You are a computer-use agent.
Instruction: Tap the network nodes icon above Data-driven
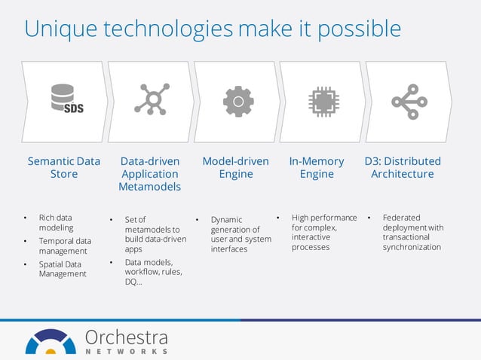click(x=151, y=99)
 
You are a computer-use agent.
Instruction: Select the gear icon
click(x=237, y=100)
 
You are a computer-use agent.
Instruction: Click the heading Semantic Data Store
click(x=64, y=167)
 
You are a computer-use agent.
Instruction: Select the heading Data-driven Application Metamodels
click(x=149, y=173)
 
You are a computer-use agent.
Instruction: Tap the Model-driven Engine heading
click(x=236, y=167)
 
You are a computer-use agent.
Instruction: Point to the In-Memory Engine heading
click(x=317, y=167)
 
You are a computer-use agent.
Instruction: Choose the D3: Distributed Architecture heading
click(x=403, y=167)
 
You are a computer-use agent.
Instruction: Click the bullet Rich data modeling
click(x=57, y=222)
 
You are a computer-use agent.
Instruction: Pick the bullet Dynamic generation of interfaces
click(x=240, y=234)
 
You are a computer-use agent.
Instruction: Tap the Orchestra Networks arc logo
click(x=51, y=343)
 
